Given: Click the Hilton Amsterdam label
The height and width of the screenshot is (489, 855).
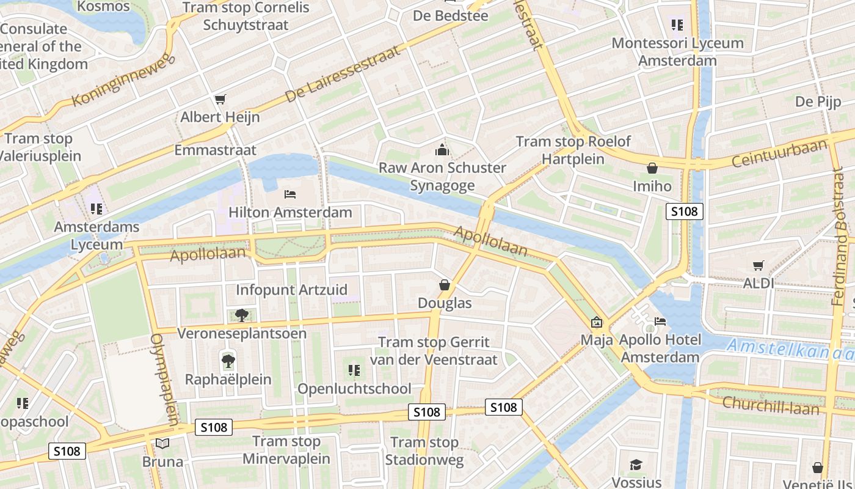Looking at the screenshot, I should pos(290,212).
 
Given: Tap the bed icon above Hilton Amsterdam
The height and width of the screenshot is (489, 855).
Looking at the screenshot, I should pos(290,194).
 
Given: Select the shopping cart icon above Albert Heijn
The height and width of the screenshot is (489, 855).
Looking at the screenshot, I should pos(220,99).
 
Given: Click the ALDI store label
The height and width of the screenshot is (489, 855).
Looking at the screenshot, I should pos(759,283).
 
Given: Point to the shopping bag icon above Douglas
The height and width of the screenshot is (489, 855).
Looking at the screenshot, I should pos(445,285).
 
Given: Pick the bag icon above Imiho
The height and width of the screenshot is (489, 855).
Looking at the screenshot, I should pos(652,168).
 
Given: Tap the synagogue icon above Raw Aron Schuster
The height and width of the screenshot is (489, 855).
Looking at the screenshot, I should pos(442,149).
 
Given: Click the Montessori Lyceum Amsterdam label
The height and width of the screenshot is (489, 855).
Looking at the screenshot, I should pos(677,52).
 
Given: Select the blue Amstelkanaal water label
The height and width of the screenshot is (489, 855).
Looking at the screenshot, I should pos(791,349).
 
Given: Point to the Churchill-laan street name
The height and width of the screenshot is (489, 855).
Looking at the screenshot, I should pos(771,405).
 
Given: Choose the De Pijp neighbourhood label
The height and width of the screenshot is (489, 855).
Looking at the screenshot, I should pos(818,101).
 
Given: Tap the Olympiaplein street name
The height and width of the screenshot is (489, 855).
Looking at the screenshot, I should pos(165,379).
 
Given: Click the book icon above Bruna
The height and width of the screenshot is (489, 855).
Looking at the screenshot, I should pos(162,443).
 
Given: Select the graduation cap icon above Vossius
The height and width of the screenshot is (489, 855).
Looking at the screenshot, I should pos(636,465).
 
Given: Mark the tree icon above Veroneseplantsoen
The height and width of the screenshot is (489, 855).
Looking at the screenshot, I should pos(242,315).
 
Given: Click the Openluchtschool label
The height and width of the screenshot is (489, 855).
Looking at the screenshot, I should pos(354,389).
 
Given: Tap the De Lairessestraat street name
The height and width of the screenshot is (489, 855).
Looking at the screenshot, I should pos(343,73).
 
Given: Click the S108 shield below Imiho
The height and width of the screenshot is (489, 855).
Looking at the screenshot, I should pos(684,211).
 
